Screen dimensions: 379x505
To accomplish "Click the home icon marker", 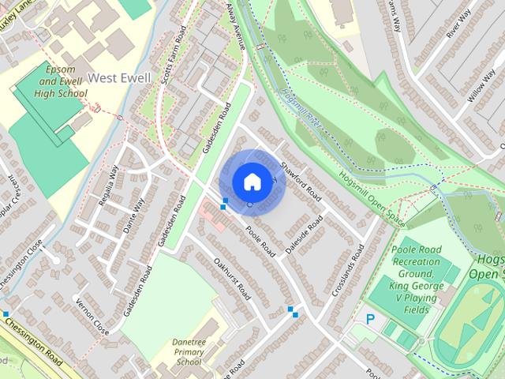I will [x=251, y=182].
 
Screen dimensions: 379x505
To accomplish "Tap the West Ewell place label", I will [x=118, y=77].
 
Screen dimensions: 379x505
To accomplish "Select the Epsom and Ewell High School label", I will [x=60, y=81].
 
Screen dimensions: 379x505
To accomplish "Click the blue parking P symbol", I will [x=371, y=319].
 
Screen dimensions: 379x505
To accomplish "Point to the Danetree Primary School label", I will [x=189, y=352].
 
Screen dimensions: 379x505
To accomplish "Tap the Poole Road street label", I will [x=260, y=240].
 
